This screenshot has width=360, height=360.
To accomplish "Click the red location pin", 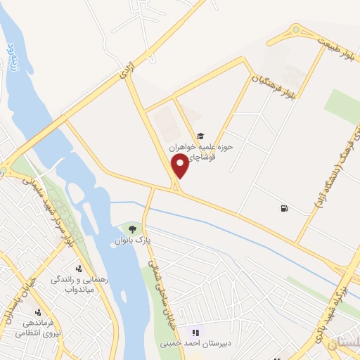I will (x=181, y=165).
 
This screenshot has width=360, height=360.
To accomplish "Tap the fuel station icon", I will (x=283, y=208).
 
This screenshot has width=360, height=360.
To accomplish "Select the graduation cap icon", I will (x=200, y=136).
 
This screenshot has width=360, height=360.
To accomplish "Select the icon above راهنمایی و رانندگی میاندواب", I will (x=78, y=268).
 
